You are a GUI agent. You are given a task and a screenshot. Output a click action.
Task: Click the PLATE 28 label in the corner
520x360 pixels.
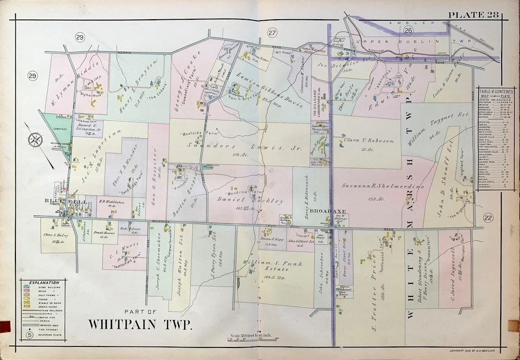473,14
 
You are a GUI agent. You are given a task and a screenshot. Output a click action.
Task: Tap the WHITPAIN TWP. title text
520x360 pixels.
140,323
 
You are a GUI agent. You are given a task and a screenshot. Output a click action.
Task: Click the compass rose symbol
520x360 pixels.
35,140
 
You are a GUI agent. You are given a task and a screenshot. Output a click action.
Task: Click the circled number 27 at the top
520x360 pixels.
273,32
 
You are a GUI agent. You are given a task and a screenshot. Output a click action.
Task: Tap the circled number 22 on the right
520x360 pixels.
488,218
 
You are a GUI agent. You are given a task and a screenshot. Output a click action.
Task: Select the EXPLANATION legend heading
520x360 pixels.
44,282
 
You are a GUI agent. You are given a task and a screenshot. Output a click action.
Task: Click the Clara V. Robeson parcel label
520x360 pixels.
369,141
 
